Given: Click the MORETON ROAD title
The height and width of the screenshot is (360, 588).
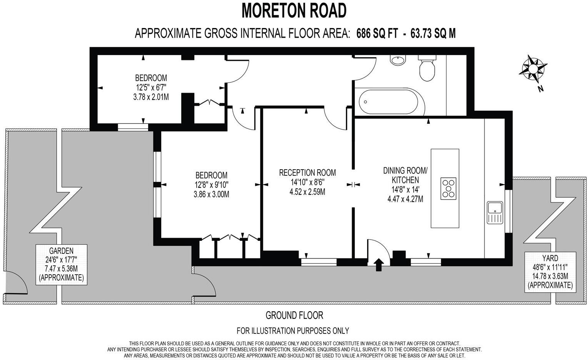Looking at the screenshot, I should [294, 10].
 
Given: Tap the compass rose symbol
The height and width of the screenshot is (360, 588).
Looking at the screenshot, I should [534, 68].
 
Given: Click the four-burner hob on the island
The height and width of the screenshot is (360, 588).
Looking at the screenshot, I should [448, 188].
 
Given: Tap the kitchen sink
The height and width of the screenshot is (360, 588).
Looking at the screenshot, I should [494, 212].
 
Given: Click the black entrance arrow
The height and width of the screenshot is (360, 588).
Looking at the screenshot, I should [379, 265].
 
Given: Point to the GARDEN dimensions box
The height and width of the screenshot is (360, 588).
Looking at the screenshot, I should [61, 264].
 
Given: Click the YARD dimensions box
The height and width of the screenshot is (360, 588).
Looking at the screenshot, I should [550, 272].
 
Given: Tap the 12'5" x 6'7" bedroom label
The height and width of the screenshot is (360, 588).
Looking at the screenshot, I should [151, 87].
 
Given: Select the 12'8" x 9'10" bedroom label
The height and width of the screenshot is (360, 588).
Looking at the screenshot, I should [211, 185].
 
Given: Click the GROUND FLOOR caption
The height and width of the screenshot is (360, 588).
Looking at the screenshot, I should [294, 315].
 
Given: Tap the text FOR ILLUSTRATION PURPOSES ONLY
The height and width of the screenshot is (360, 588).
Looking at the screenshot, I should [292, 330].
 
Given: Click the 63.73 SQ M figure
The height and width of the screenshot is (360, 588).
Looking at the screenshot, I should [433, 33].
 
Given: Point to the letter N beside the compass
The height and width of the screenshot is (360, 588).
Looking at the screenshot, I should [541, 89].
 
